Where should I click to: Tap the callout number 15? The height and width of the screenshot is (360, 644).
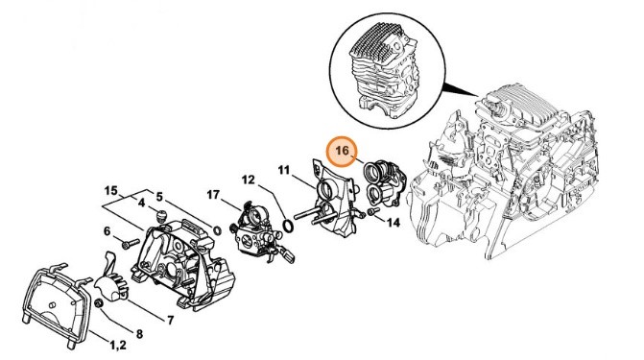110,190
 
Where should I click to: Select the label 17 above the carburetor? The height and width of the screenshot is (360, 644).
212,196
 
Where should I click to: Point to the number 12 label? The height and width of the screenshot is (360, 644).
248,180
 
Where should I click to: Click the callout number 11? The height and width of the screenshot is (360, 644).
284,170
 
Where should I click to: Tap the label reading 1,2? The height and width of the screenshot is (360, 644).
119,344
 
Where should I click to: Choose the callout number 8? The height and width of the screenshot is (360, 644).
139,334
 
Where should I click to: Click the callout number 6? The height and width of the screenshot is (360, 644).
107,231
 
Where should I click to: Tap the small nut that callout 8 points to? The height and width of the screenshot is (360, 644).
99,304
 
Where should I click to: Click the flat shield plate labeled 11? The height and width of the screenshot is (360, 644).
328,203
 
